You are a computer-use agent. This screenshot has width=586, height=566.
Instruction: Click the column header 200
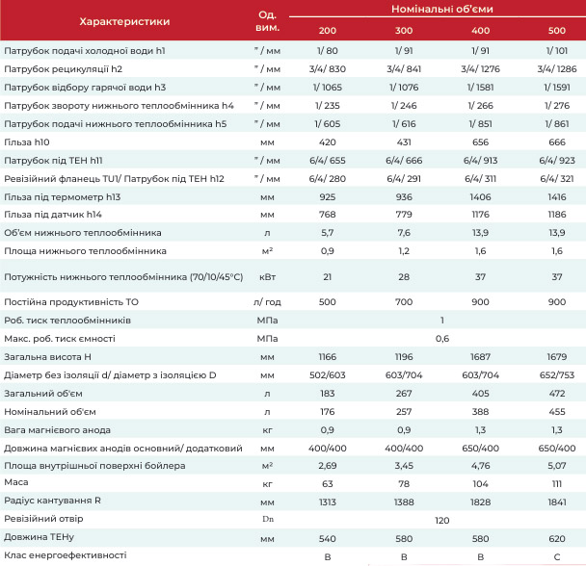(x=328, y=31)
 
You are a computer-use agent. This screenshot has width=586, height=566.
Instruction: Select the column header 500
(x=557, y=31)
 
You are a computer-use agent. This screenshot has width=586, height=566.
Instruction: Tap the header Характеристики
(x=124, y=21)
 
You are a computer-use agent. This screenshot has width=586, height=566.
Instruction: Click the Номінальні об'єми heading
(x=442, y=9)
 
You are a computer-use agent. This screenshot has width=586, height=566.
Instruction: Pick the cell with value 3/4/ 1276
(x=480, y=69)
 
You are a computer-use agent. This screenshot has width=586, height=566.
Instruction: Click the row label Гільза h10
(x=27, y=142)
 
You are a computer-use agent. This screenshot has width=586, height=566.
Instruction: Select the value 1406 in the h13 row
(x=480, y=197)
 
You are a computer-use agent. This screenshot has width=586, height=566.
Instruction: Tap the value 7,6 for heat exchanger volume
(x=404, y=233)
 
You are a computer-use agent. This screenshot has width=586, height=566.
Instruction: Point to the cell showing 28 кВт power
(x=404, y=277)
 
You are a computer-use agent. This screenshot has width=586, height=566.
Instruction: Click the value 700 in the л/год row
(x=404, y=302)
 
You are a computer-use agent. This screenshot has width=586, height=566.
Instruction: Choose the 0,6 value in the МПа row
(x=442, y=339)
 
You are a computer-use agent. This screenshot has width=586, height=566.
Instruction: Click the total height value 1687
(x=480, y=357)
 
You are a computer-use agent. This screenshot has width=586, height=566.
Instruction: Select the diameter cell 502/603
(x=328, y=375)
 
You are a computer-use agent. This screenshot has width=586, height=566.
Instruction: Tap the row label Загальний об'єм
(x=43, y=394)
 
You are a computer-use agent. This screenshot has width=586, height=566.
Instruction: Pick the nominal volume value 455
(x=557, y=412)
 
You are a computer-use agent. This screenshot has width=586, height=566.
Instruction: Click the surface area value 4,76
(x=480, y=466)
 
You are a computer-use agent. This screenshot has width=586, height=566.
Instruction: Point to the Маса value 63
(x=328, y=484)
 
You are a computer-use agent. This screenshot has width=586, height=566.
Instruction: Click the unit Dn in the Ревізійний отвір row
(x=268, y=519)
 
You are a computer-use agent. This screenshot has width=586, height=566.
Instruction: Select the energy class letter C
(x=557, y=557)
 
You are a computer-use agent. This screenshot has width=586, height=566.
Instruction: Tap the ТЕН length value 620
(x=557, y=539)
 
